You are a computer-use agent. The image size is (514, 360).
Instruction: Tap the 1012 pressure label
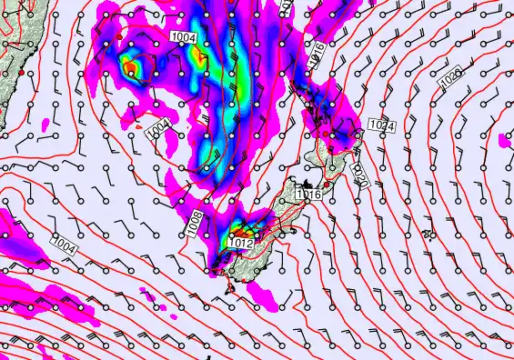pyautogui.click(x=239, y=243)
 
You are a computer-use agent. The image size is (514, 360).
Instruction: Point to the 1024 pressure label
pyautogui.click(x=382, y=125)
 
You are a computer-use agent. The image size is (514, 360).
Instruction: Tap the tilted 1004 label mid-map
pyautogui.click(x=160, y=130)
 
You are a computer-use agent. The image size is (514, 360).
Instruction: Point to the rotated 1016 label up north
pyautogui.click(x=317, y=53)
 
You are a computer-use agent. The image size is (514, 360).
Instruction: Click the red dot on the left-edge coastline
pyautogui.click(x=21, y=72)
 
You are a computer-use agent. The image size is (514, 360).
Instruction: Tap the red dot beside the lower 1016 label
pyautogui.click(x=327, y=185)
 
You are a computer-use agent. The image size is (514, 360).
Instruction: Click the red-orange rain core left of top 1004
pyautogui.click(x=132, y=67)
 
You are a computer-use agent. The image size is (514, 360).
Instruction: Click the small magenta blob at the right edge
pyautogui.click(x=506, y=140)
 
